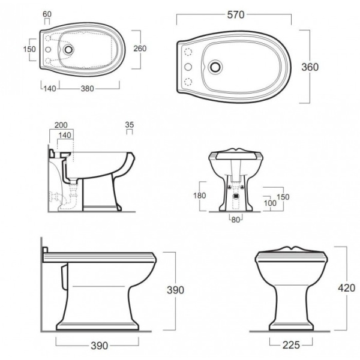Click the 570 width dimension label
(236, 15)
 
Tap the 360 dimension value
(310, 67)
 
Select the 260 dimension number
(140, 49)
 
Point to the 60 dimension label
(47, 14)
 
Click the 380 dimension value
(87, 89)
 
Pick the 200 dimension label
(61, 125)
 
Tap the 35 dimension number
(130, 125)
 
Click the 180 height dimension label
(200, 196)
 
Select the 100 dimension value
(270, 203)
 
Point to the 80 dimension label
(236, 220)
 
